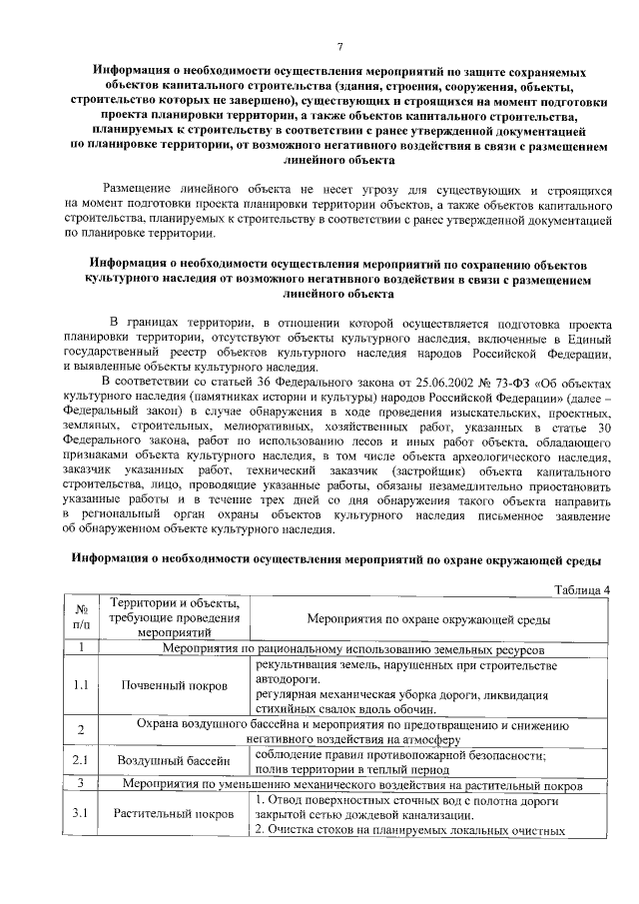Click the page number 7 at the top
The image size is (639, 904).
(339, 47)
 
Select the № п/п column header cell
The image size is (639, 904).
(81, 618)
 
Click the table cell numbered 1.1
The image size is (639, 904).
(81, 686)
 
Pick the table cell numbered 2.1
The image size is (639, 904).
(81, 762)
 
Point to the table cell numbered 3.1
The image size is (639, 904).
(81, 814)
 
